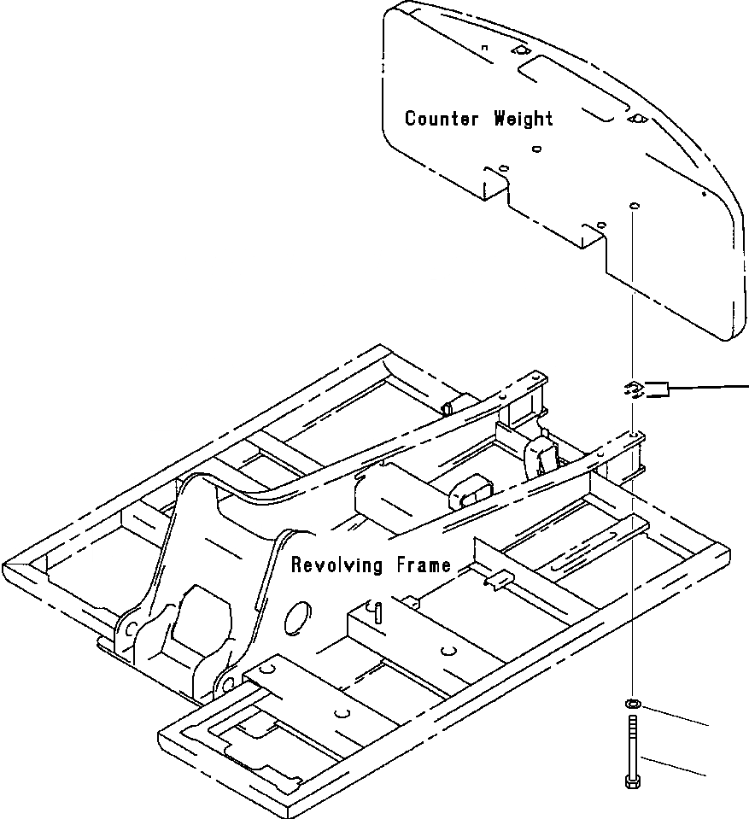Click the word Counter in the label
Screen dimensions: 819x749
441,118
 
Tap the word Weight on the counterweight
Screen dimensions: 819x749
524,118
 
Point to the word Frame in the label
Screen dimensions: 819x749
419,565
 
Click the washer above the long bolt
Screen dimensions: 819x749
633,704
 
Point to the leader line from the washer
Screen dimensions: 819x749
675,715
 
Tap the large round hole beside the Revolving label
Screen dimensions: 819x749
298,618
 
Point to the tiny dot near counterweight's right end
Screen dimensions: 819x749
703,194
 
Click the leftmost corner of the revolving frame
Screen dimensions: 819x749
7,568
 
